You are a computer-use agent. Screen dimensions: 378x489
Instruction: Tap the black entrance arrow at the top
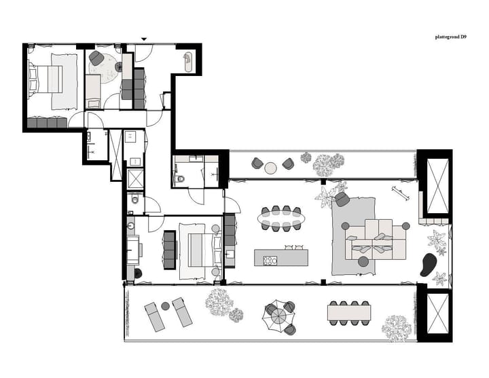point(143,39)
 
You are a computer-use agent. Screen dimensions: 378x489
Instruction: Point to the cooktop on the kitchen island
point(270,259)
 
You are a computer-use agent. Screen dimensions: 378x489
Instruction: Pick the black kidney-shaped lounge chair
point(429,264)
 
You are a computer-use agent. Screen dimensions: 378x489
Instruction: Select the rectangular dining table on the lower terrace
point(350,313)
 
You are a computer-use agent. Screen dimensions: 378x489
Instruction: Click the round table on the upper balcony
point(272,168)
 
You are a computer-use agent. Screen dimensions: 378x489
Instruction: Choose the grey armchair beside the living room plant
point(342,199)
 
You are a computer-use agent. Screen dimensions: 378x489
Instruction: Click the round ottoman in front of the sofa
point(363,261)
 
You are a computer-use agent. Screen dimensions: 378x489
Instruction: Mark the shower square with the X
point(135,178)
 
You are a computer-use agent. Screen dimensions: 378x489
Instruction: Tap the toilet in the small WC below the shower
point(135,200)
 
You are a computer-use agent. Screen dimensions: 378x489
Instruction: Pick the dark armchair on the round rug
point(96,59)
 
